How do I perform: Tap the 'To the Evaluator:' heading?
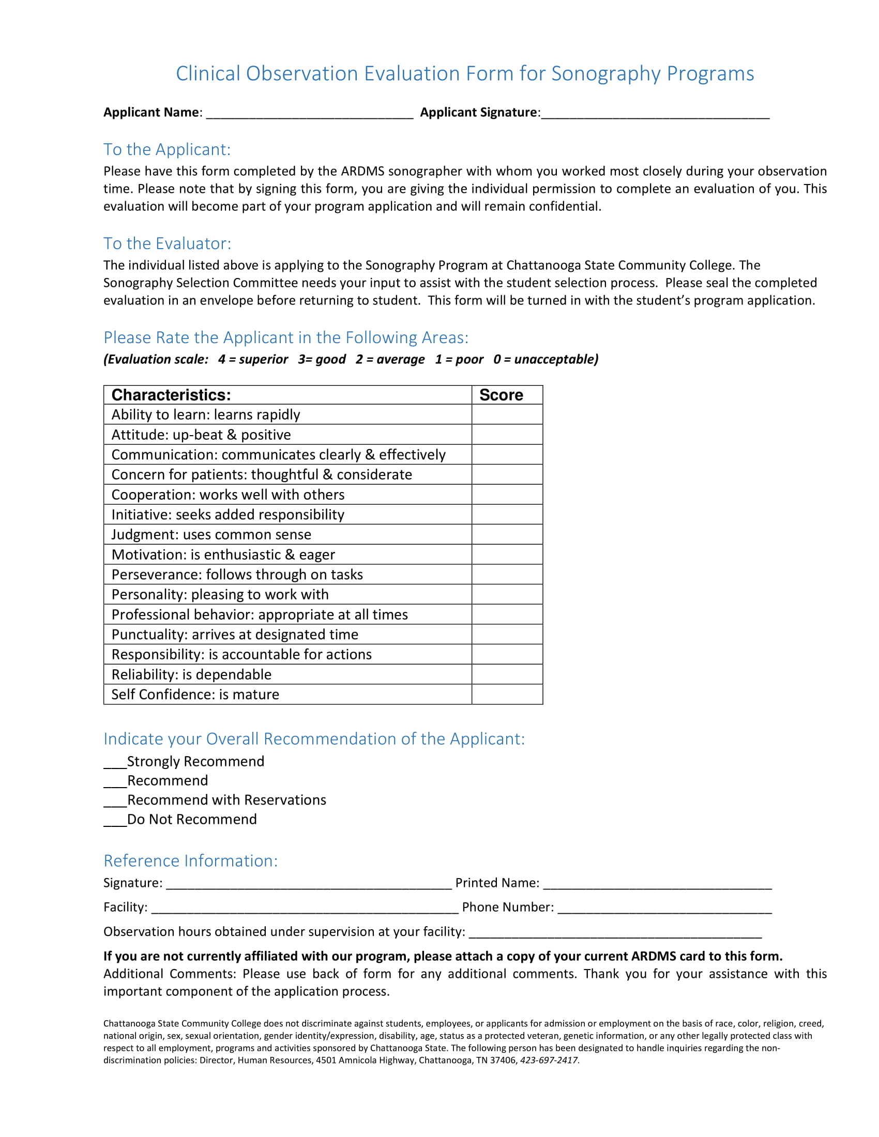pos(167,243)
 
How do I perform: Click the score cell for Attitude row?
pos(507,435)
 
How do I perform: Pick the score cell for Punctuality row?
pos(507,635)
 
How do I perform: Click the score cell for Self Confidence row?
pos(507,695)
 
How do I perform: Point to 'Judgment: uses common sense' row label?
pos(211,535)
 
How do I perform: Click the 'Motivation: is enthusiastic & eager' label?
pos(223,555)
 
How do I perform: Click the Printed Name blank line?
pos(657,885)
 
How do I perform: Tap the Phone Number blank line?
pos(664,910)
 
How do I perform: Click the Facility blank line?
pos(305,910)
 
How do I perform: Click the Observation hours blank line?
pos(615,934)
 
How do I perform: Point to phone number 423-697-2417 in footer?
pos(549,1061)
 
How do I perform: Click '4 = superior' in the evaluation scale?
pos(252,359)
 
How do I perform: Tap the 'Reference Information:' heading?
pos(191,861)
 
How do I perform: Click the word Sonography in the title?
pos(605,74)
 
